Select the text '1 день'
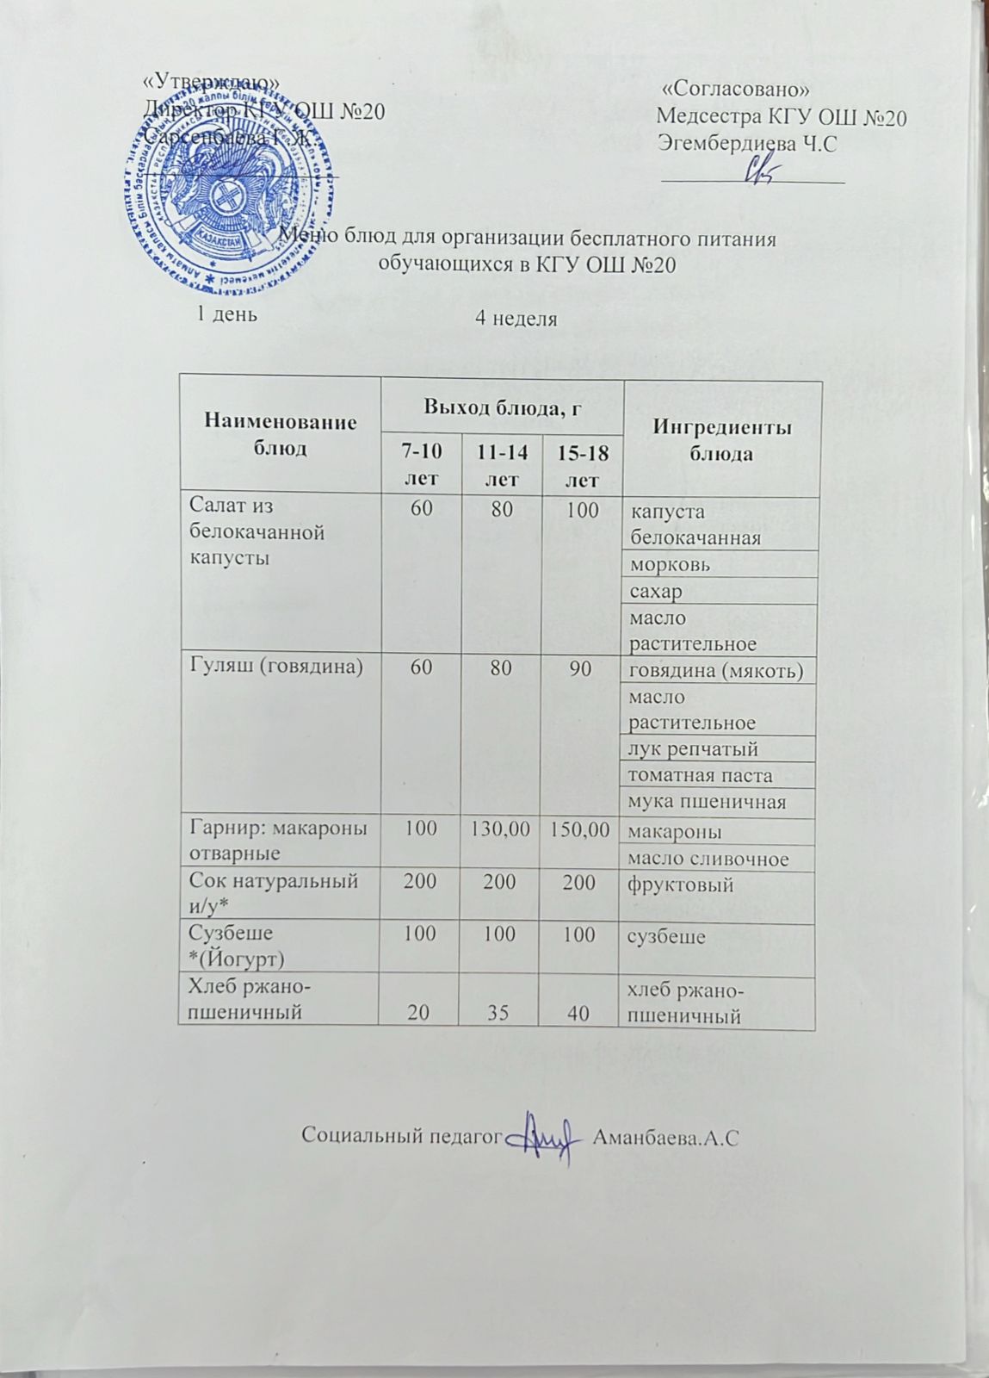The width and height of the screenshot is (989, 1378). point(227,314)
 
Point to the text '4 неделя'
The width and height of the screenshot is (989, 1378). point(516,319)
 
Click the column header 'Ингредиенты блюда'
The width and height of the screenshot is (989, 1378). point(722,440)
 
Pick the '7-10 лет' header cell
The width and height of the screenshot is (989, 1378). point(420,464)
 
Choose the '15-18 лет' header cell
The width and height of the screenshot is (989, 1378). point(582,465)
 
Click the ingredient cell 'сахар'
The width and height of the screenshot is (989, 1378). point(655,592)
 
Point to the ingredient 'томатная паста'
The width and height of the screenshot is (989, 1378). point(700,776)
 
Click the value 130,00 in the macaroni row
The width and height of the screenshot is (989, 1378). point(500,830)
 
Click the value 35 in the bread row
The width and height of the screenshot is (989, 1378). point(498,1014)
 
